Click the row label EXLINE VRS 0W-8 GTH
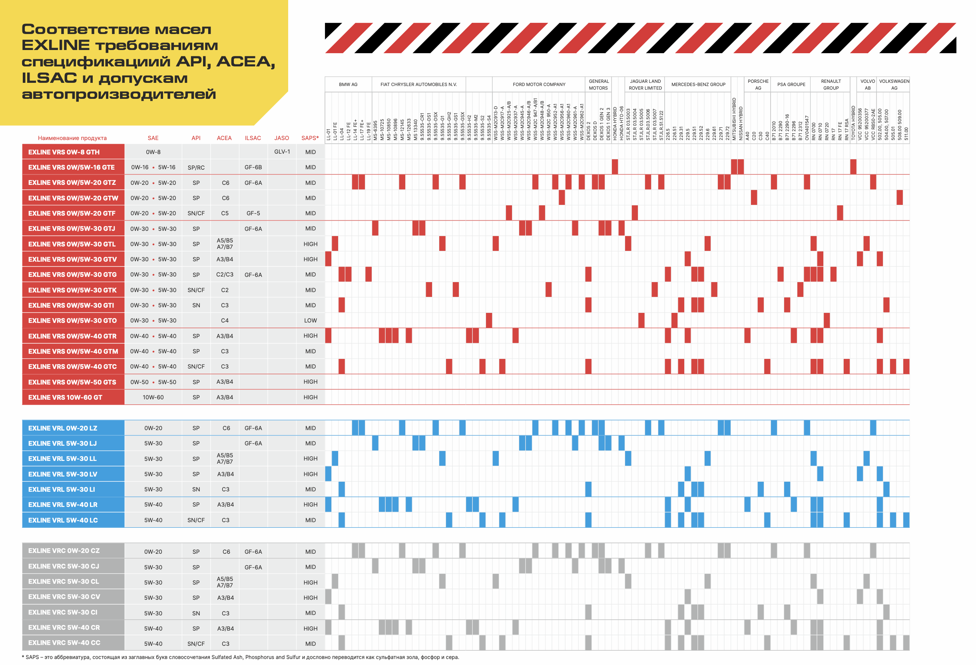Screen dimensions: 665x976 pyautogui.click(x=64, y=152)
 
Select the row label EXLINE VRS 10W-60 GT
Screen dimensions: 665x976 pyautogui.click(x=65, y=397)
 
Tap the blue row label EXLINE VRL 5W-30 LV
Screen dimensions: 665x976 pyautogui.click(x=63, y=474)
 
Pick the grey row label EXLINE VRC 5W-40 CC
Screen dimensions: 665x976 pyautogui.click(x=64, y=643)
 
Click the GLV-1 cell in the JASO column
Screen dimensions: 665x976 pyautogui.click(x=282, y=151)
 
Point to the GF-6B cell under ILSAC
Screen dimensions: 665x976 pyautogui.click(x=253, y=167)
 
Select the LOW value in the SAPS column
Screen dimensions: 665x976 pyautogui.click(x=311, y=320)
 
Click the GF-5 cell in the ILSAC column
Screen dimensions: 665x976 pyautogui.click(x=253, y=213)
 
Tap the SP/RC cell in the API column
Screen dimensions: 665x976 pyautogui.click(x=196, y=167)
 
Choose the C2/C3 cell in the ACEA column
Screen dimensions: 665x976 pyautogui.click(x=225, y=274)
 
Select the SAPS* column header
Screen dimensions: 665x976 pyautogui.click(x=310, y=138)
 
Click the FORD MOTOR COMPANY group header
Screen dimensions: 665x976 pyautogui.click(x=539, y=84)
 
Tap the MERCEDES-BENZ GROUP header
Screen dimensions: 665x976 pyautogui.click(x=698, y=84)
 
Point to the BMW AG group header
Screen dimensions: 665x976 pyautogui.click(x=348, y=84)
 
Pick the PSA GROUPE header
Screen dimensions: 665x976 pyautogui.click(x=791, y=84)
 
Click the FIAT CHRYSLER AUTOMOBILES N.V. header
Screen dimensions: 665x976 pyautogui.click(x=418, y=84)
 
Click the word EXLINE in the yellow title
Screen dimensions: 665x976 pyautogui.click(x=56, y=45)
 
